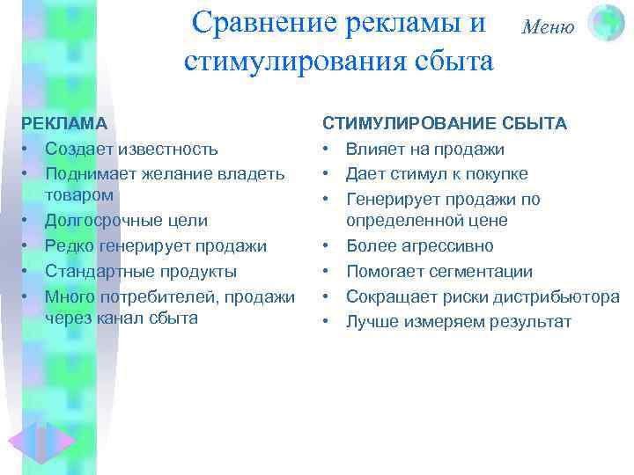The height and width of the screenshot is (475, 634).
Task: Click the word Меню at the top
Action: tap(548, 26)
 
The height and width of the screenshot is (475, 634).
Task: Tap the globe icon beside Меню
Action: tap(605, 23)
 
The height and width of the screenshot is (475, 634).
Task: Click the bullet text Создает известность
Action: tap(131, 150)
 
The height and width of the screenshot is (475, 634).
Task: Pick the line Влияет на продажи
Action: tap(424, 150)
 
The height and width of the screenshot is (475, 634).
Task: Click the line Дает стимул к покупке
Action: tap(437, 174)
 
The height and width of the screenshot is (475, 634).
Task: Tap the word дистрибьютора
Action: tap(558, 296)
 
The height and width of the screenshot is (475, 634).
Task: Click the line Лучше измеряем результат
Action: tap(458, 322)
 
